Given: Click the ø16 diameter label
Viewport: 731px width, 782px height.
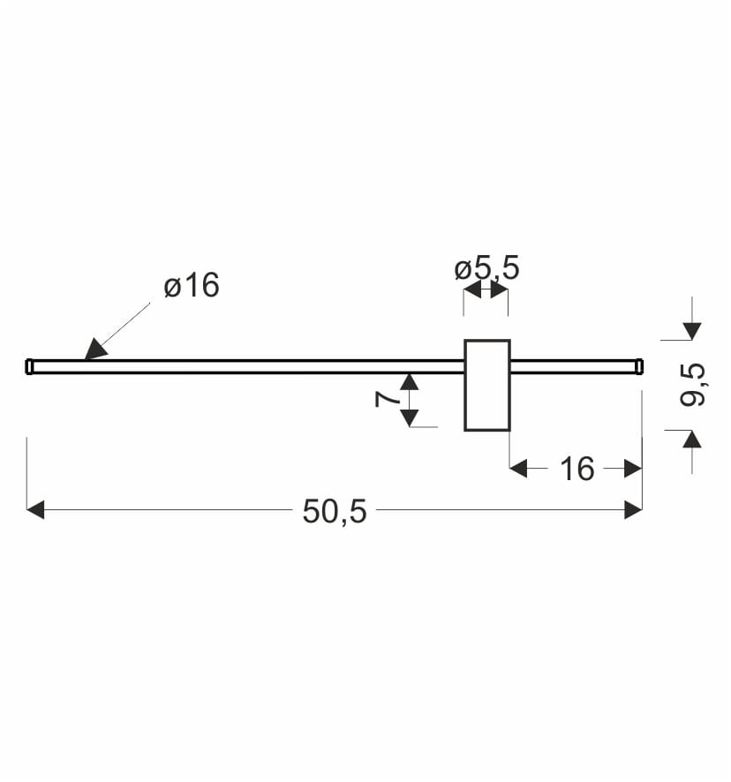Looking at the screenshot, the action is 192,285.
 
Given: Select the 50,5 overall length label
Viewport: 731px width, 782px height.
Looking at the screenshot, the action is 335,511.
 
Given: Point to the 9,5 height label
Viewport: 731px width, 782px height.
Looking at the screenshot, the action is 692,385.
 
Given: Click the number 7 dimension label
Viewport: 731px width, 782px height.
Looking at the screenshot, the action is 388,399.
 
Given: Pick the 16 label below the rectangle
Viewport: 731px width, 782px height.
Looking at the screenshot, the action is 577,469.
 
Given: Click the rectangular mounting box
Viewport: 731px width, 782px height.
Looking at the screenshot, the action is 487,385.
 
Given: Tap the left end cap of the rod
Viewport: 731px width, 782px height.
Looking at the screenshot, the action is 30,366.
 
